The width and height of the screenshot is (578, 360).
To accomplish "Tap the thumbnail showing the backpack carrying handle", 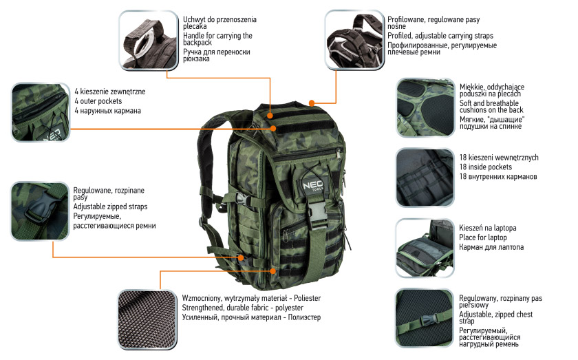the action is (x=149, y=40).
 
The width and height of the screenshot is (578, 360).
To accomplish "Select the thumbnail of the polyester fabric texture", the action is (x=147, y=319).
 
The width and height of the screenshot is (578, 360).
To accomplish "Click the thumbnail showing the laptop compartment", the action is (x=425, y=248).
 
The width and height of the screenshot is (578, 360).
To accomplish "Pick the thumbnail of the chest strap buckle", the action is (x=425, y=318).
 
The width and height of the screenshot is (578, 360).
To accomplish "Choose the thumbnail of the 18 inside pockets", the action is (x=425, y=178).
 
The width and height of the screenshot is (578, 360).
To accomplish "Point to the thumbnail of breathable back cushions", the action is (x=425, y=107).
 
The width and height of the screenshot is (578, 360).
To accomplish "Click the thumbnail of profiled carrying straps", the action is (x=354, y=40).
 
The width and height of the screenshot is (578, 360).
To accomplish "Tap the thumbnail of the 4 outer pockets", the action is (x=41, y=112).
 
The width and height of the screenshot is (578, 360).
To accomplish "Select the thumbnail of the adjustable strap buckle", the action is (x=40, y=211).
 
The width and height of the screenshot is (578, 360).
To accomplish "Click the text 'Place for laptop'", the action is (x=483, y=237).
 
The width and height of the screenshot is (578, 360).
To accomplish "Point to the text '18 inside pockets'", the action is (x=486, y=167).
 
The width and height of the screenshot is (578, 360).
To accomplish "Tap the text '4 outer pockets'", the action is (x=98, y=101).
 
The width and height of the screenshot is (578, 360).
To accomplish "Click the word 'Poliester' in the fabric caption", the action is (x=307, y=298).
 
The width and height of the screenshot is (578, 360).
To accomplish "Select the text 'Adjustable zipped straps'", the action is (x=110, y=207).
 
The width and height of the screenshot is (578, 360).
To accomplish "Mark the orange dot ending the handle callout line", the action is (x=270, y=116).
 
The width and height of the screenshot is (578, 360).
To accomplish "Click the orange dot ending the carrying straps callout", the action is (x=312, y=103).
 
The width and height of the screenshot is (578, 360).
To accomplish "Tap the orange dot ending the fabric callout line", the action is (x=272, y=271).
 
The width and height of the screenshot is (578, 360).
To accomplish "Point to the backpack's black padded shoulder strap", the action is (x=207, y=155).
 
